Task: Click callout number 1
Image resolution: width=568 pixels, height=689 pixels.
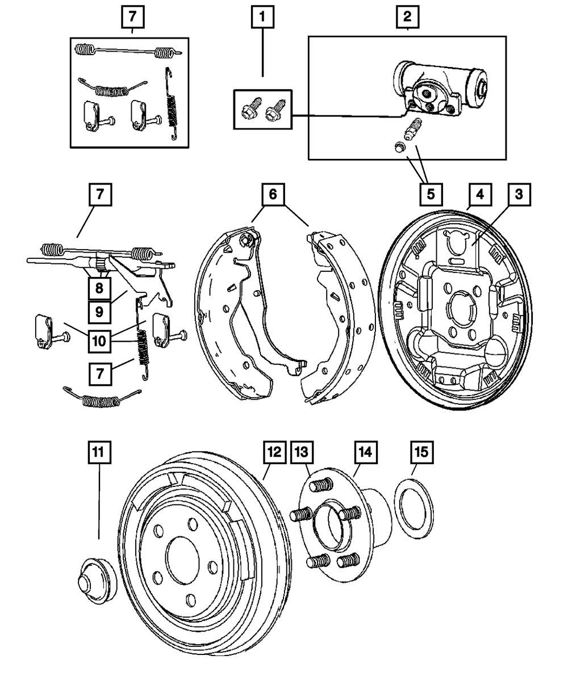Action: pos(262,18)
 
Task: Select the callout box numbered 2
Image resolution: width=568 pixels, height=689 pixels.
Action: pos(407,18)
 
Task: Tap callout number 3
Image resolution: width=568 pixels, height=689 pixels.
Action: pos(519,195)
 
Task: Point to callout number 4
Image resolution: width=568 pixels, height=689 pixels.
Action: pos(480,195)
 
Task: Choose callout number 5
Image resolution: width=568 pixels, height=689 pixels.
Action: pos(431,195)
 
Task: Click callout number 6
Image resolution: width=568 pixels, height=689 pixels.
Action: pos(273,195)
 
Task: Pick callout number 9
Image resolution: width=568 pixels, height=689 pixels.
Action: pos(99,311)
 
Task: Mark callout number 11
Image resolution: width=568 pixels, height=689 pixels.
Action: pos(99,452)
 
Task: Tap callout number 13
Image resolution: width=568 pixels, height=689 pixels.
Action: pos(302,452)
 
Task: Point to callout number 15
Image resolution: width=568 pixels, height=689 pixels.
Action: pos(420,452)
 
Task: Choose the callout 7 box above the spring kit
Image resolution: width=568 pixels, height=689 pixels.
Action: pos(132,18)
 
